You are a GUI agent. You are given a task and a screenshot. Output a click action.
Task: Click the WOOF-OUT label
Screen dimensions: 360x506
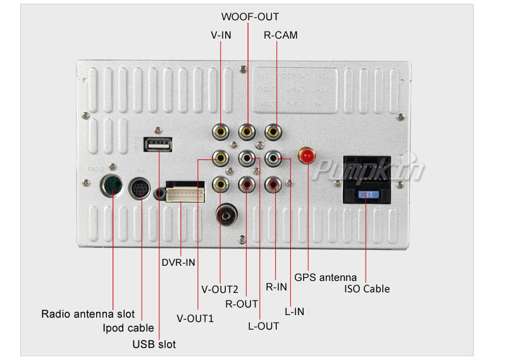click(249, 17)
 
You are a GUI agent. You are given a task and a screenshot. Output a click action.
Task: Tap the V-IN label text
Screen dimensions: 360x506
click(221, 35)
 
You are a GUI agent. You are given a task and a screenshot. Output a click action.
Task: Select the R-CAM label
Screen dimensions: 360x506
click(280, 35)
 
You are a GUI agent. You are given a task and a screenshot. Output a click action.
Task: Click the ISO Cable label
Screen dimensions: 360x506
click(367, 289)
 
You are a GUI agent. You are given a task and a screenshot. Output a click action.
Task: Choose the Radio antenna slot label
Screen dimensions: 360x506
click(88, 314)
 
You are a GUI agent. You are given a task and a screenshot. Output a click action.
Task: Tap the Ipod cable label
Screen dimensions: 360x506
click(128, 328)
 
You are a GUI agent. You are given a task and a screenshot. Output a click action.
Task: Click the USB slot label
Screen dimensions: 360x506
click(154, 344)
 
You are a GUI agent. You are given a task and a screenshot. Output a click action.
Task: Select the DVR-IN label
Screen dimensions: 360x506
click(178, 262)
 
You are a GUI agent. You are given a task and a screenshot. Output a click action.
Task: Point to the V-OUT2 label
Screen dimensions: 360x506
click(219, 290)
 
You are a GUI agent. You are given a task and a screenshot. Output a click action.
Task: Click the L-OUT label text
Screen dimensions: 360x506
click(263, 326)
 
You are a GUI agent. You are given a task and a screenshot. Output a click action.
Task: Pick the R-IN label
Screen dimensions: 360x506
click(276, 287)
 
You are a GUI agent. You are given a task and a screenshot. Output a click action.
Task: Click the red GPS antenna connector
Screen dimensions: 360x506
click(307, 156)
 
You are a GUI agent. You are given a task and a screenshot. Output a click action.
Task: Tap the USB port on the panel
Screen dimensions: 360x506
click(158, 146)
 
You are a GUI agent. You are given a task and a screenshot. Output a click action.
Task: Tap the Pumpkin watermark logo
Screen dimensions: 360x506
click(370, 170)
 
